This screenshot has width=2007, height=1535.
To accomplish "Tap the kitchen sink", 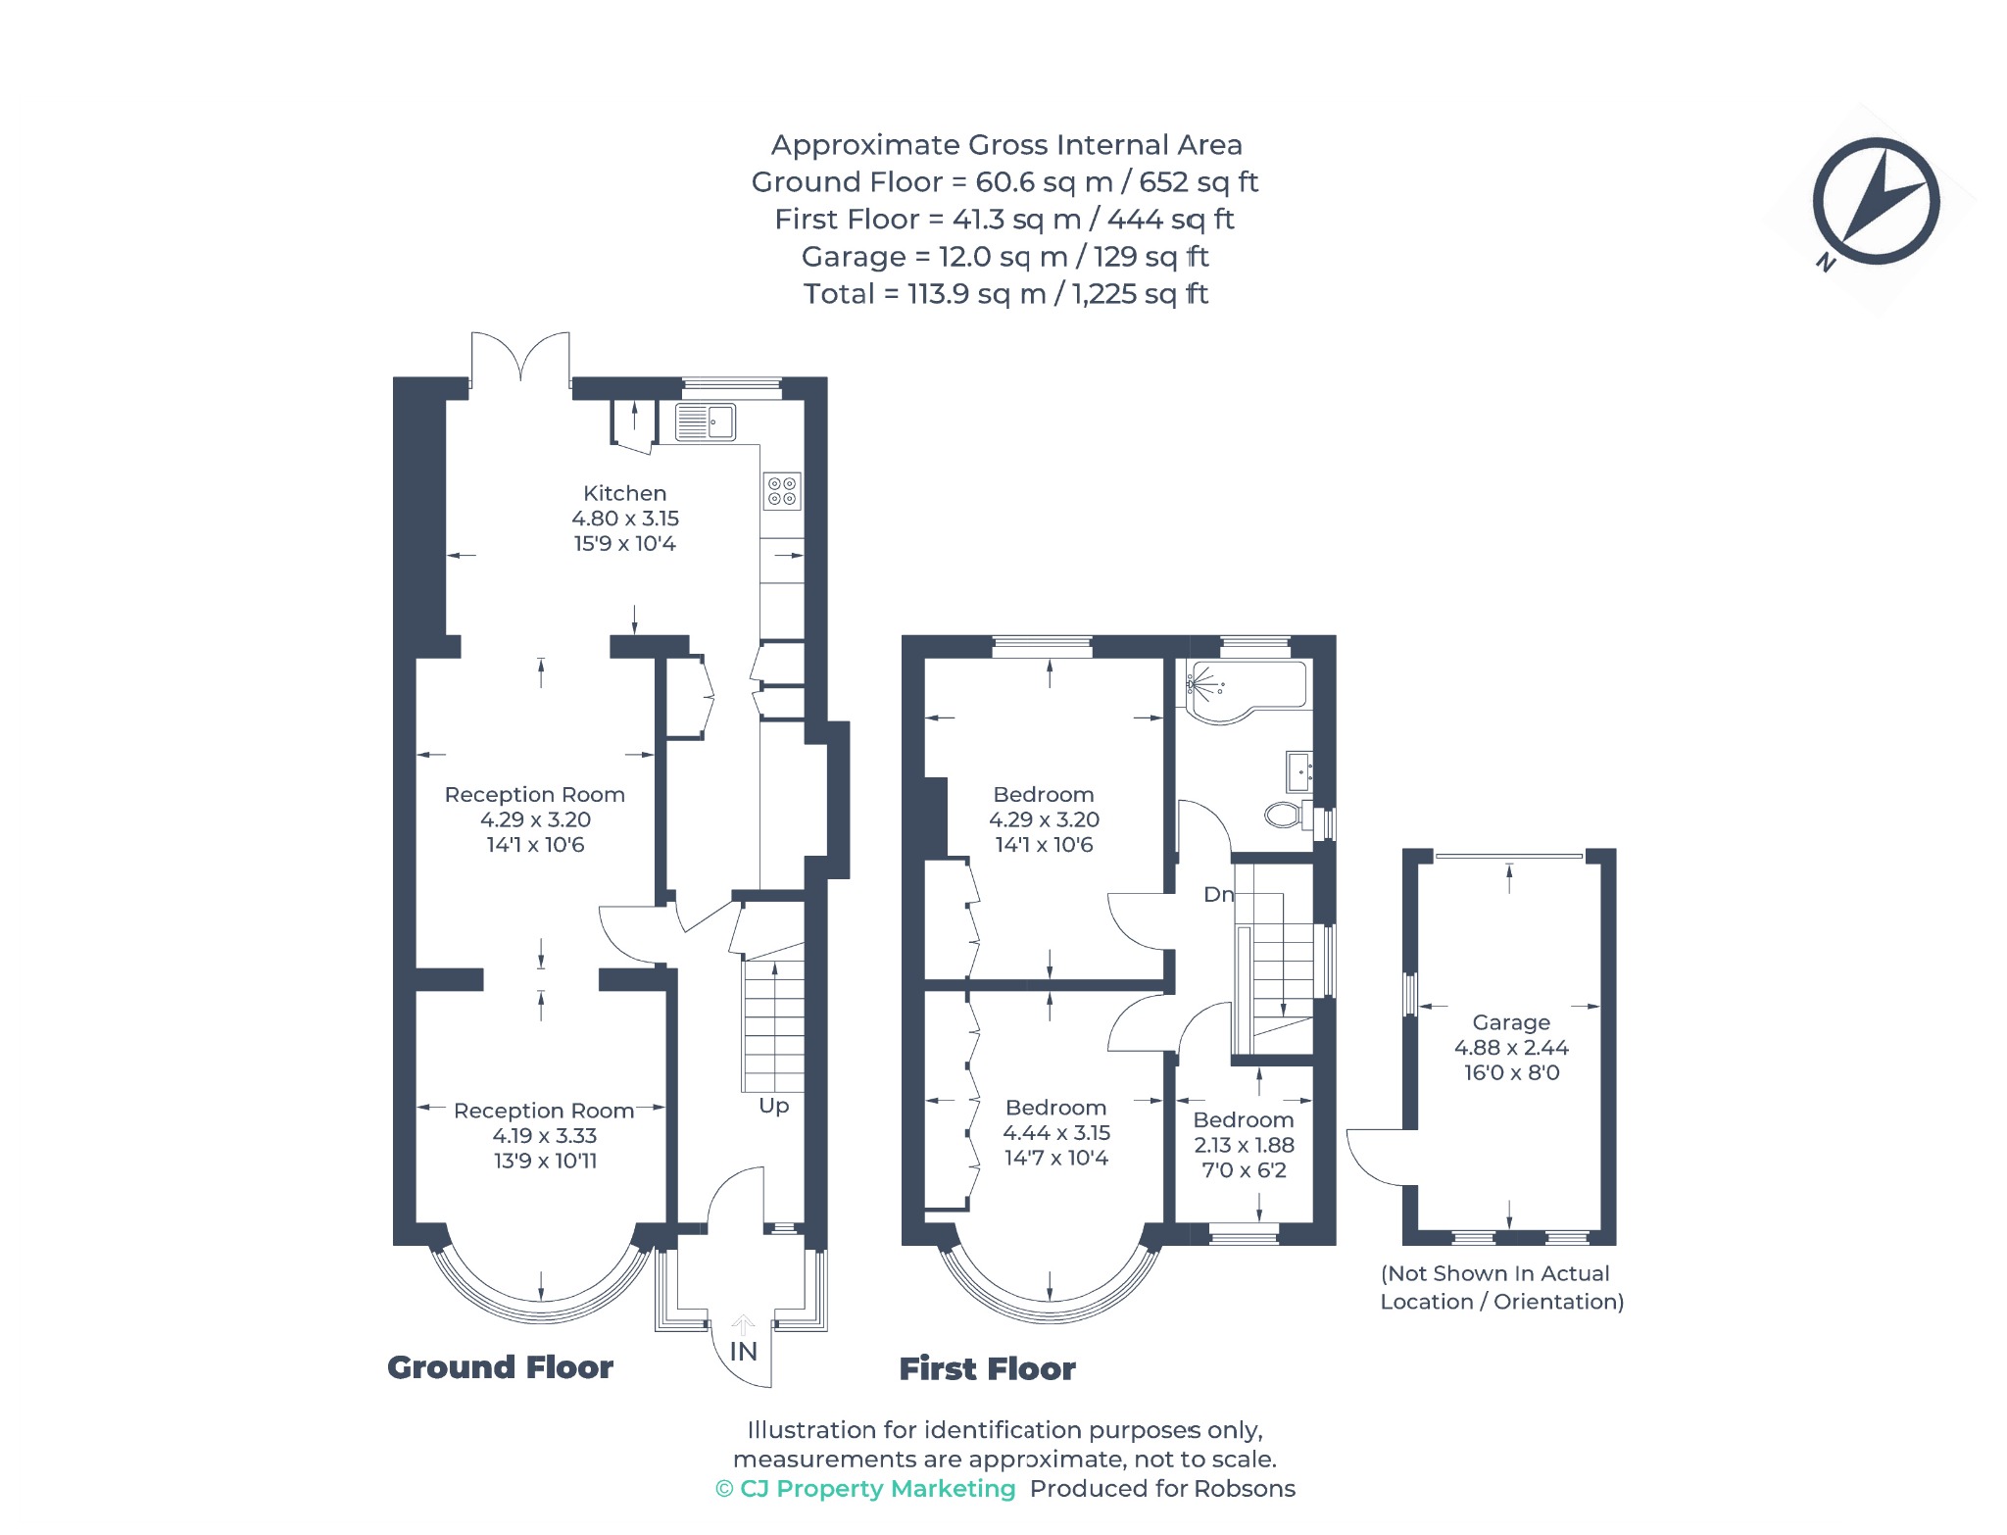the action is [x=706, y=422].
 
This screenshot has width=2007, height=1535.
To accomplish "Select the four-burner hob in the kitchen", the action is [x=782, y=491].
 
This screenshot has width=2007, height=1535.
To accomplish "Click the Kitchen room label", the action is [x=624, y=493].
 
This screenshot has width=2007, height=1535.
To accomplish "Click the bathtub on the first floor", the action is [x=1247, y=691].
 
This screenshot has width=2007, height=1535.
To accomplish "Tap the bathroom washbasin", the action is [x=1299, y=771].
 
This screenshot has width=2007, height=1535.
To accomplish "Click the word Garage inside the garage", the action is [x=1511, y=1022].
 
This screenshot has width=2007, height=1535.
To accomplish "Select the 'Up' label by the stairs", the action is [x=773, y=1106].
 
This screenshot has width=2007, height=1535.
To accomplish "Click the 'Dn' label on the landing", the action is [x=1218, y=894].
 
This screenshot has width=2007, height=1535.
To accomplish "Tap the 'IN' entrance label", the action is [x=744, y=1352].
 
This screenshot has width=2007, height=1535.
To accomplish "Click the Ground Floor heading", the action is [x=500, y=1367].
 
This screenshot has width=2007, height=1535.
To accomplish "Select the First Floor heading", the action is [x=987, y=1368].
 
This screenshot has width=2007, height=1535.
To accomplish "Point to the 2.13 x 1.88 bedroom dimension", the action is [x=1244, y=1145].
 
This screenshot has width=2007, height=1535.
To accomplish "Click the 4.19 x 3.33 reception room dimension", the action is [x=544, y=1135].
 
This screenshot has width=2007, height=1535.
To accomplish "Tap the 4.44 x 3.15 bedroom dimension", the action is [x=1055, y=1132].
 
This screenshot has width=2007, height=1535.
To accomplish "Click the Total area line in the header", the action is [x=1005, y=293].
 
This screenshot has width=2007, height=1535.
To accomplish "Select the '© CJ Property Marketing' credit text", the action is [x=865, y=1488].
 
